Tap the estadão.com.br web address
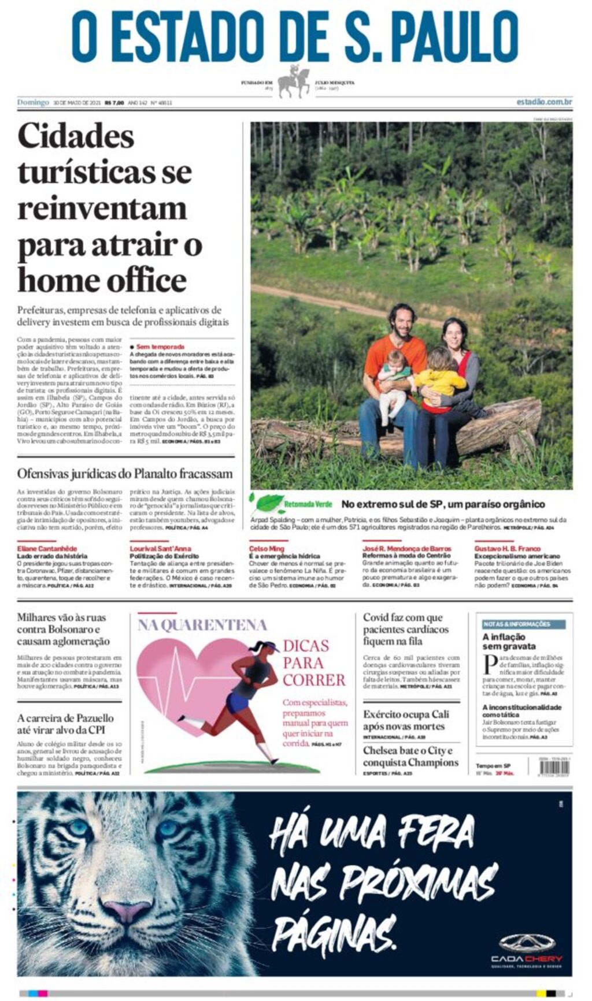click(544, 102)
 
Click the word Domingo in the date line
click(33, 102)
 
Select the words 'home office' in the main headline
click(102, 281)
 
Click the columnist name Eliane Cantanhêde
click(47, 548)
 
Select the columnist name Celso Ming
click(267, 548)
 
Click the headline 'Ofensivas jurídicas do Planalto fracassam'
click(125, 474)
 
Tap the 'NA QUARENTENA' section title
click(202, 624)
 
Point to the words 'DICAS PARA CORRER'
click(313, 663)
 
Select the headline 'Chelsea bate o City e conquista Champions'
click(410, 757)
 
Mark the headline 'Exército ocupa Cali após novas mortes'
click(406, 720)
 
